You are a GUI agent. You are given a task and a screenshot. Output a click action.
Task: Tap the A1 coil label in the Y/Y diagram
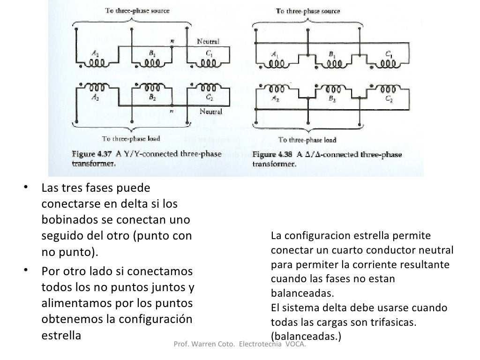click(95, 54)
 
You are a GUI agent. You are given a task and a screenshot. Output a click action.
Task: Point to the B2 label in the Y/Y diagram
click(152, 98)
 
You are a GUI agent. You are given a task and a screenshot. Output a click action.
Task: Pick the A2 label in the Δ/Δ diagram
click(275, 100)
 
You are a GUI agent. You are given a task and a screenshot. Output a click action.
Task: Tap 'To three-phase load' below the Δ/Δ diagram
click(307, 140)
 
